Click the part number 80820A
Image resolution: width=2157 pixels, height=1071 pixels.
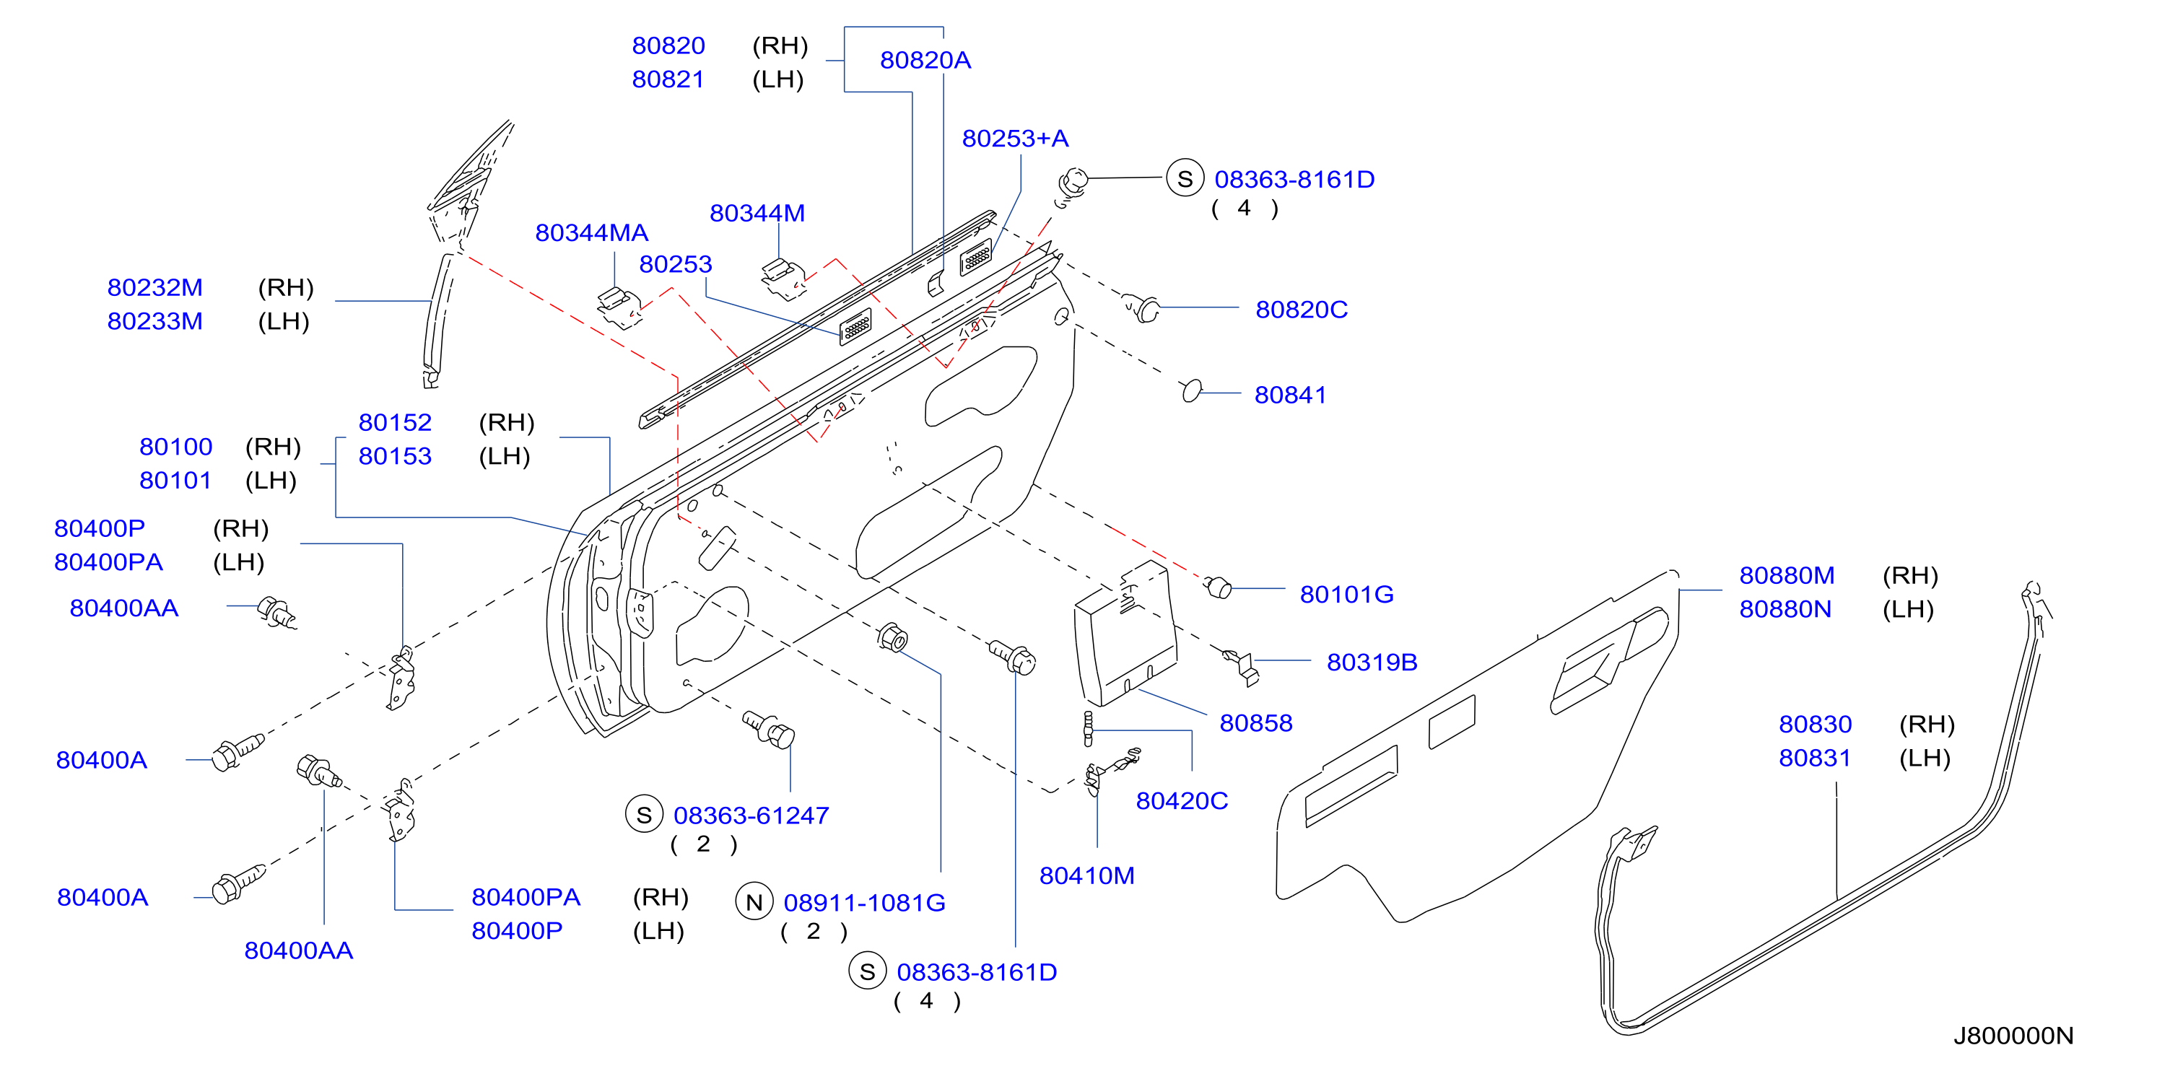coord(925,61)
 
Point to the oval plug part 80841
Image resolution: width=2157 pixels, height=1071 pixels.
coord(1192,390)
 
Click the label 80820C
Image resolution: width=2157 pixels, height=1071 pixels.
coord(1302,310)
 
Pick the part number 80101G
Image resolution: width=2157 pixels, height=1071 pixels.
coord(1346,595)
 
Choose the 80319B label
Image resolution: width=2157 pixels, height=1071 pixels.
coord(1372,663)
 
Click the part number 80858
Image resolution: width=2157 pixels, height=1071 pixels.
coord(1256,722)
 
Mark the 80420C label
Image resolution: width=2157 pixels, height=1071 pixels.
coord(1182,800)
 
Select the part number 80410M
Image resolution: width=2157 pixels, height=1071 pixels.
coord(1087,876)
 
